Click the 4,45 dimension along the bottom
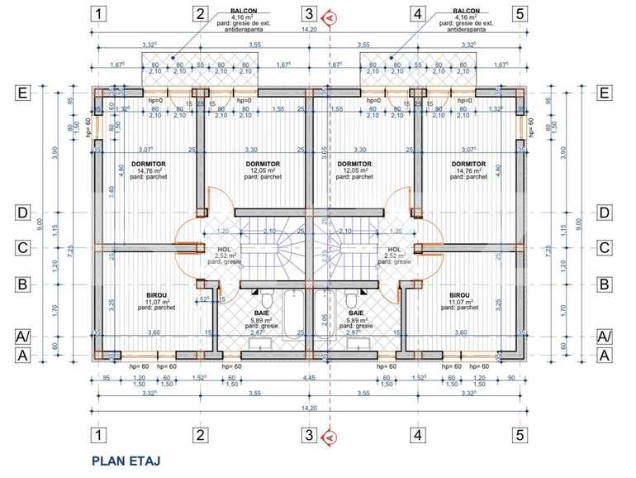point(307,378)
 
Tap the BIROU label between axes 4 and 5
point(460,294)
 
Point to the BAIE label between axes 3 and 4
point(356,313)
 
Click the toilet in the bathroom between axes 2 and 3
point(267,298)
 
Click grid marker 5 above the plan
point(520,13)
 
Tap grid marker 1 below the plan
point(98,434)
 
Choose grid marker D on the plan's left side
point(23,213)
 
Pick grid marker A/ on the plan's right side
point(605,336)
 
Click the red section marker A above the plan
point(328,15)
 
